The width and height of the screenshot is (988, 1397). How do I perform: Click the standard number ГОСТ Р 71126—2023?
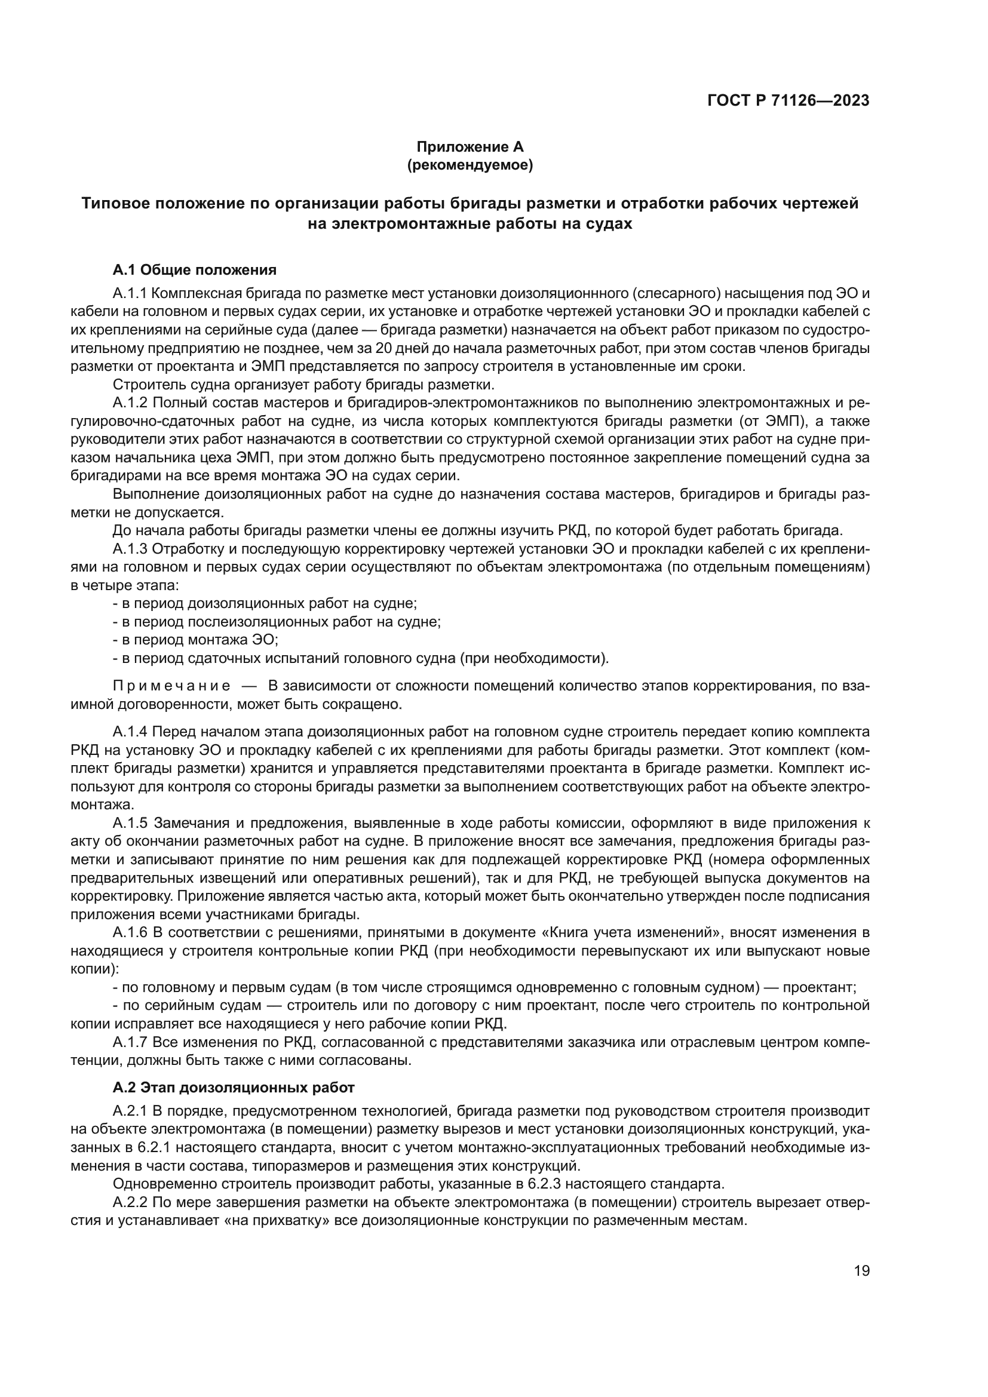(788, 101)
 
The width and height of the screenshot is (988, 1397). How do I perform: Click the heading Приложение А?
(470, 147)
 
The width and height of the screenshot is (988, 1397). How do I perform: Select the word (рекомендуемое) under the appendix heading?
(470, 165)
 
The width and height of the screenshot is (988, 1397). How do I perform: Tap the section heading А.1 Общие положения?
(195, 269)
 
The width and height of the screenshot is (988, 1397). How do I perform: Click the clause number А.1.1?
(130, 294)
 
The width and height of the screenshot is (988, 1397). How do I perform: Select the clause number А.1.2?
(130, 403)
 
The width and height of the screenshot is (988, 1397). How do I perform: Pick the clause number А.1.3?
(130, 549)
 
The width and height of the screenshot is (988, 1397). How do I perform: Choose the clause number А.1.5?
(130, 823)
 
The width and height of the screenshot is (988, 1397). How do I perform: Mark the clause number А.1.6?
(130, 932)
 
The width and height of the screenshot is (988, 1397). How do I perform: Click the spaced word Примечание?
(171, 686)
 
